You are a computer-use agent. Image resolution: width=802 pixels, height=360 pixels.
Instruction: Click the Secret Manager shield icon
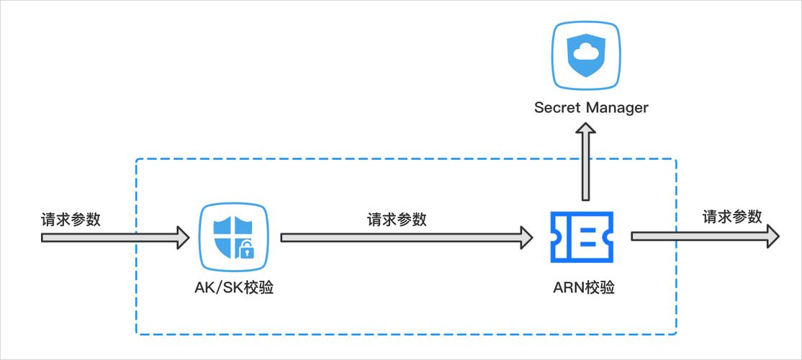(x=587, y=54)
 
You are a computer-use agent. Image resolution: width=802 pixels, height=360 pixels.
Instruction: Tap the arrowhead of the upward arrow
(x=586, y=131)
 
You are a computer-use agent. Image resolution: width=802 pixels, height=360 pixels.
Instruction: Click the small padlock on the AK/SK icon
(x=246, y=251)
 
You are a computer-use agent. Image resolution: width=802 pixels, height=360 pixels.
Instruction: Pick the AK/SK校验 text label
(x=233, y=288)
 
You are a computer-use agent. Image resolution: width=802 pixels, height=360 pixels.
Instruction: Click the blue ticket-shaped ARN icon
(x=582, y=237)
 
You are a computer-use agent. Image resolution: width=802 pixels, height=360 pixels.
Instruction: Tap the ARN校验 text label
(x=584, y=288)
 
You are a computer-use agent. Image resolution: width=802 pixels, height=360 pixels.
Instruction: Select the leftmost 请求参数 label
(x=71, y=220)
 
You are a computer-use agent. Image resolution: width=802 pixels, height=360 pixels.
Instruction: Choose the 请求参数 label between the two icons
(x=397, y=220)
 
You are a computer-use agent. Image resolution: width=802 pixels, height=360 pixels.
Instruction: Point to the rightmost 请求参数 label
(x=732, y=217)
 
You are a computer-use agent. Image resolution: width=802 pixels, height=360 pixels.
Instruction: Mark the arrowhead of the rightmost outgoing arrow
(x=772, y=236)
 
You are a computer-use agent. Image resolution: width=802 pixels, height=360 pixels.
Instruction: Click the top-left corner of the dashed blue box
(x=136, y=159)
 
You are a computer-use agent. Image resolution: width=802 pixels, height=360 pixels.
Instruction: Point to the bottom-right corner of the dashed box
(x=676, y=334)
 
